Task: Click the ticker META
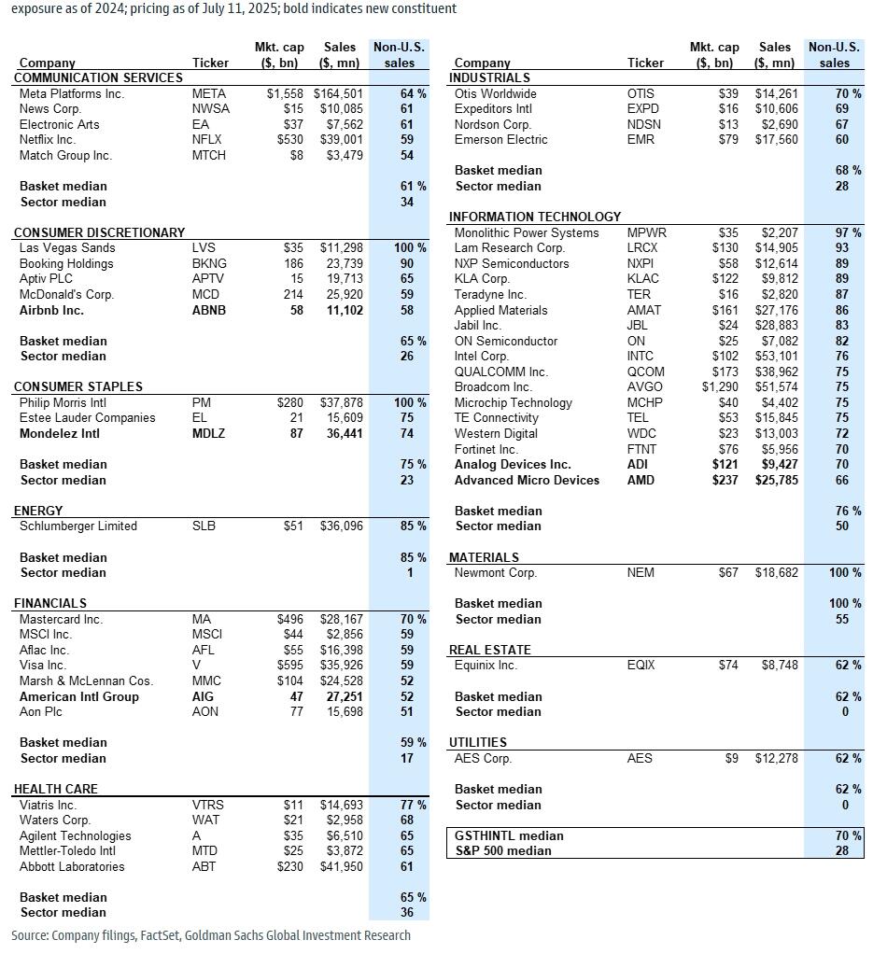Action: (x=209, y=93)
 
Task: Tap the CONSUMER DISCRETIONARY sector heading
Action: (x=99, y=232)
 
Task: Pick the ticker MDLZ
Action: (x=208, y=433)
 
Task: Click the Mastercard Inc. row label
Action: (x=62, y=619)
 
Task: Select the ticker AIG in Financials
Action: (x=203, y=696)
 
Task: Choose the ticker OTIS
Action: (x=641, y=93)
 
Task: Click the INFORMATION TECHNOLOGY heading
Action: (x=534, y=217)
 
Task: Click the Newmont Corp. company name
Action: (x=495, y=572)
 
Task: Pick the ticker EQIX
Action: (x=641, y=666)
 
